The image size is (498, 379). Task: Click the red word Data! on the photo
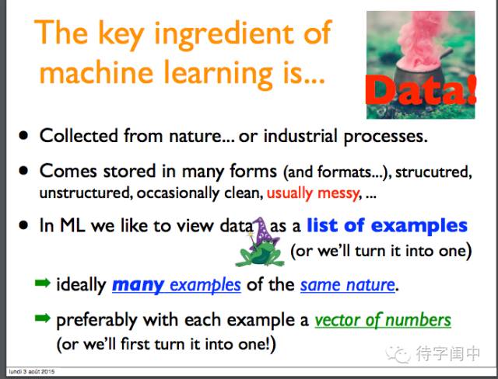click(421, 90)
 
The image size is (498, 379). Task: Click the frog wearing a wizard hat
click(259, 250)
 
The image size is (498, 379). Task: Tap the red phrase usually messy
click(313, 193)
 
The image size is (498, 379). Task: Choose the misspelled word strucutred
click(433, 172)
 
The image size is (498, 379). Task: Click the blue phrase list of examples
click(388, 225)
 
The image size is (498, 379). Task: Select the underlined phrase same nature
click(348, 284)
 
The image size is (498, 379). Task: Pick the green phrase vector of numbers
click(383, 320)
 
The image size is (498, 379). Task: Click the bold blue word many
click(139, 285)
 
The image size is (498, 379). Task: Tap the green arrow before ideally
click(43, 283)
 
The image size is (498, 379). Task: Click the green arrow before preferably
click(43, 318)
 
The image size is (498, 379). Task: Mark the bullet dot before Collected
click(23, 136)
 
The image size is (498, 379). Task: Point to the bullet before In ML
click(23, 225)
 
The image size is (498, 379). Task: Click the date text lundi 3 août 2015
click(32, 371)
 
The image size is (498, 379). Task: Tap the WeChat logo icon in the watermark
click(398, 353)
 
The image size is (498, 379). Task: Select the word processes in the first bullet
click(386, 137)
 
